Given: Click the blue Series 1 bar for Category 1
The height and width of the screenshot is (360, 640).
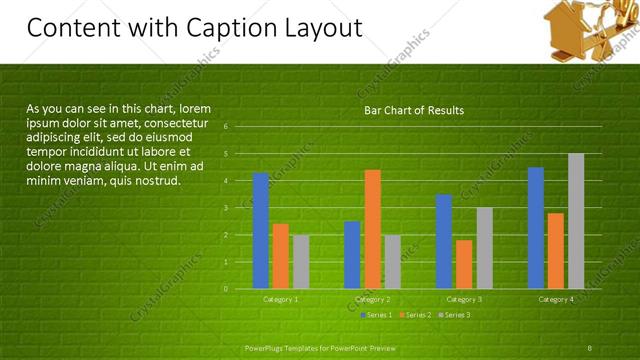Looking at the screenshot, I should [x=261, y=230].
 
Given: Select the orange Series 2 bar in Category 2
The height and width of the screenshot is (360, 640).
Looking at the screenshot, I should [x=372, y=229].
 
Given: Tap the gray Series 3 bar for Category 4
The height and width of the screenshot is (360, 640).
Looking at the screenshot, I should [x=576, y=220].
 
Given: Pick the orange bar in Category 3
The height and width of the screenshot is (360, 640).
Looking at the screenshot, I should [x=464, y=264].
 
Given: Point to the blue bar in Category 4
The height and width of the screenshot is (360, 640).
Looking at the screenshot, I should [x=536, y=227].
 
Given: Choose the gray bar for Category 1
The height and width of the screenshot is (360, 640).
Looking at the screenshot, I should [x=301, y=261].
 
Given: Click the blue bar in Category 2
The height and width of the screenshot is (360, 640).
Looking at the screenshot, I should [x=352, y=254].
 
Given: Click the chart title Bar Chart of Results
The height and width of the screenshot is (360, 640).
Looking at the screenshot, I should [x=413, y=110].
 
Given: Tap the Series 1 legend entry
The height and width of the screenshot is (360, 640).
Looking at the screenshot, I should [x=376, y=315].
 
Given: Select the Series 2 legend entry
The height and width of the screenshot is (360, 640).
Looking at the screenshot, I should [x=416, y=315].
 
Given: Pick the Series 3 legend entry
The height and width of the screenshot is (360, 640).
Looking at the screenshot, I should [x=455, y=315].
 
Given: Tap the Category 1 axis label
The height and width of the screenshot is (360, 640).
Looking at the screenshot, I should [x=281, y=299].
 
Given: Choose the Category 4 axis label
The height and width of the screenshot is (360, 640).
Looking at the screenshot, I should [x=556, y=299].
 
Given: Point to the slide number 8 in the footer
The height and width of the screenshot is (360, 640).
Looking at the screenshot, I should [x=590, y=347].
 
